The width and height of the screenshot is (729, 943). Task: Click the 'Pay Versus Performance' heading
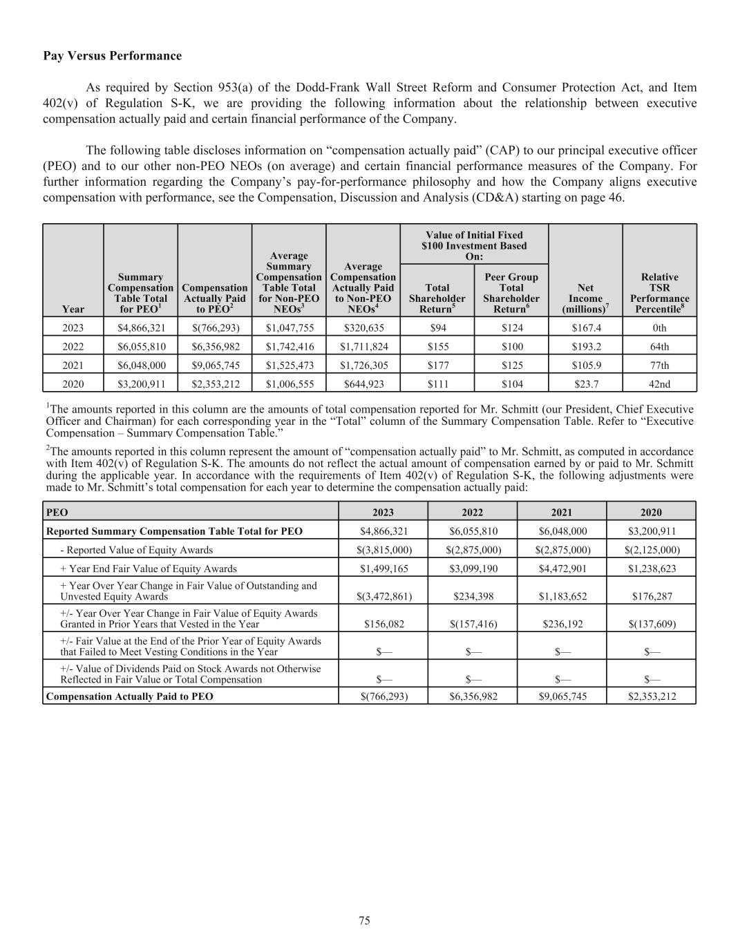coord(112,56)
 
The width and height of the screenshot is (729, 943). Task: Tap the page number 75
coord(364,920)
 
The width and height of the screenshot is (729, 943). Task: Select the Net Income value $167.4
coord(585,327)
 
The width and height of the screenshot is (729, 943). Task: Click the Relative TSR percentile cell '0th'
coord(659,327)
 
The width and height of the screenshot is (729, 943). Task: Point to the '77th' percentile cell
coord(659,365)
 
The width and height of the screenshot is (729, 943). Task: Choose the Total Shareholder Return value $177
coord(437,365)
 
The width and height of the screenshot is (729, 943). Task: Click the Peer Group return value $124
coord(511,327)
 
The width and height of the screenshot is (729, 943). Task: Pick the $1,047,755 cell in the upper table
coord(289,327)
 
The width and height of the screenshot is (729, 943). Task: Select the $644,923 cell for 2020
coord(363,384)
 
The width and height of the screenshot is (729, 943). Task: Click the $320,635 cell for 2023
coord(363,327)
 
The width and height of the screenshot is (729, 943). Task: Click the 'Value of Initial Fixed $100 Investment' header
coord(474,245)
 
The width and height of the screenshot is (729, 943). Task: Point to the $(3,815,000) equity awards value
coord(383,550)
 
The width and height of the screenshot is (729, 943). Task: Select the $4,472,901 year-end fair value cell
coord(562,569)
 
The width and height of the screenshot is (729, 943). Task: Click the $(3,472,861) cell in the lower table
coord(383,596)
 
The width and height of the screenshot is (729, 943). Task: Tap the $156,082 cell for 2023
coord(383,624)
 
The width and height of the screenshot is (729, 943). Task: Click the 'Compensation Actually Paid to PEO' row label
coord(129,696)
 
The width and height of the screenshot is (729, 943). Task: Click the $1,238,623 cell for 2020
coord(651,569)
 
